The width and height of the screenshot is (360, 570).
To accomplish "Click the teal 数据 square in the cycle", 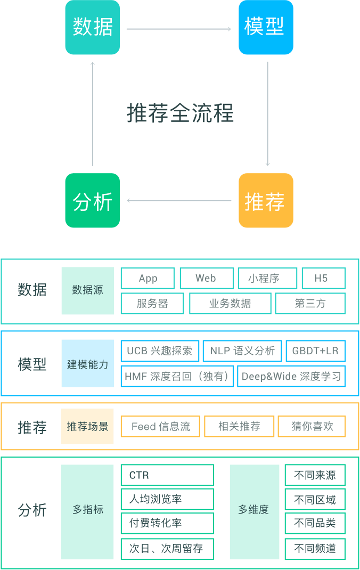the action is [x=93, y=27].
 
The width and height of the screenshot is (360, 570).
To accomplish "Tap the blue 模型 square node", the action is [x=266, y=27].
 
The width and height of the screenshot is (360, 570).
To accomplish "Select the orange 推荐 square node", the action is [x=266, y=200].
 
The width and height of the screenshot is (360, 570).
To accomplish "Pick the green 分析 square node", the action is [x=93, y=200].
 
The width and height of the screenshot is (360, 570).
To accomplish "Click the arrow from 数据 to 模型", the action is [x=179, y=29].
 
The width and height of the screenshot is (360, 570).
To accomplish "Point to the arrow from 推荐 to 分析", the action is [x=179, y=200].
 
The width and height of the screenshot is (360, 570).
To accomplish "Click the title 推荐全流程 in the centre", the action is [x=180, y=113].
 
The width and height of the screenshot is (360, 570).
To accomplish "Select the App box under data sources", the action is [x=148, y=279].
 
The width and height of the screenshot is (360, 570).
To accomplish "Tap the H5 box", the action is [x=324, y=279].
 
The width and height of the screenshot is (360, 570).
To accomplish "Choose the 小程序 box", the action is [x=268, y=279].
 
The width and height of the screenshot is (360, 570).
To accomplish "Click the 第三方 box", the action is [x=310, y=304].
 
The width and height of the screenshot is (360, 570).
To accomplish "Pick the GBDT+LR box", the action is [x=316, y=351].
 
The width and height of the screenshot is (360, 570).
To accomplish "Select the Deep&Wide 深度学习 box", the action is [x=291, y=376].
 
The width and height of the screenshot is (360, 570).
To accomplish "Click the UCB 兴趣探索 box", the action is [x=160, y=351].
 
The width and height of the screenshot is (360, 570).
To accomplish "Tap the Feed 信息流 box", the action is [x=161, y=426].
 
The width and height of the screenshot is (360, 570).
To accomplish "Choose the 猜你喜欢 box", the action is [x=312, y=426].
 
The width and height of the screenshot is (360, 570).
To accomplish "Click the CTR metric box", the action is [x=167, y=475].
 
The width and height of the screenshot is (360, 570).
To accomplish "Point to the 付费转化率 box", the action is [x=167, y=523].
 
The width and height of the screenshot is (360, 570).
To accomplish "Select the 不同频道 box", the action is [x=315, y=549].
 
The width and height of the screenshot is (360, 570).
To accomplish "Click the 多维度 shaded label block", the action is [x=254, y=512].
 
